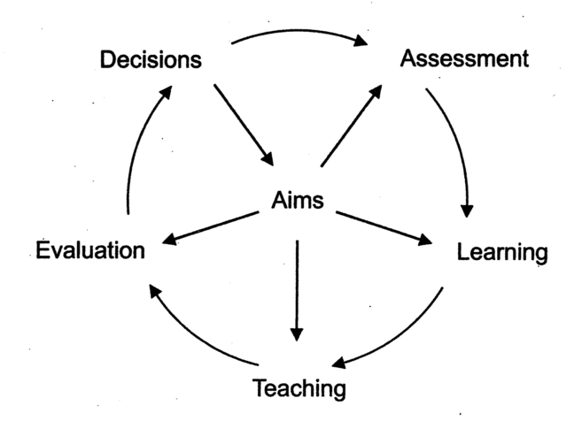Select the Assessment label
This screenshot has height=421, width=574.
(x=464, y=59)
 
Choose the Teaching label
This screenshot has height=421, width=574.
(x=299, y=387)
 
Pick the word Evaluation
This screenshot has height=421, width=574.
(x=90, y=250)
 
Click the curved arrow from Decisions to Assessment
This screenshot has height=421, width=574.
(x=301, y=33)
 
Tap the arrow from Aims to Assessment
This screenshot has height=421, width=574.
(x=352, y=124)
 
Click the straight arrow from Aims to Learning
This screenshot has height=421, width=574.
(x=384, y=226)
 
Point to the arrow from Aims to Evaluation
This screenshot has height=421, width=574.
(x=212, y=227)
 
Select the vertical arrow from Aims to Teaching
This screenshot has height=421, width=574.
(x=297, y=283)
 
